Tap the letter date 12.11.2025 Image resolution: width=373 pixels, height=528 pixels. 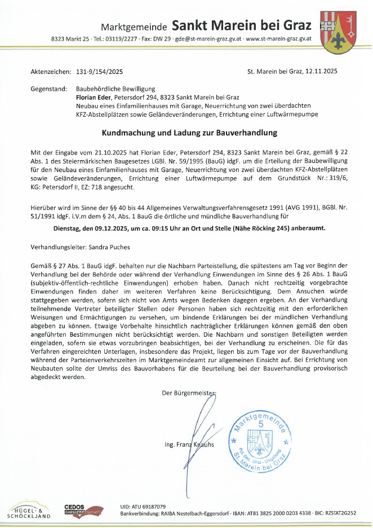pos(321,72)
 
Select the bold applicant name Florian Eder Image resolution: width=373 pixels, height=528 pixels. pos(95,98)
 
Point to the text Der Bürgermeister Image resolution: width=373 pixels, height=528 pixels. pos(189,393)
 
